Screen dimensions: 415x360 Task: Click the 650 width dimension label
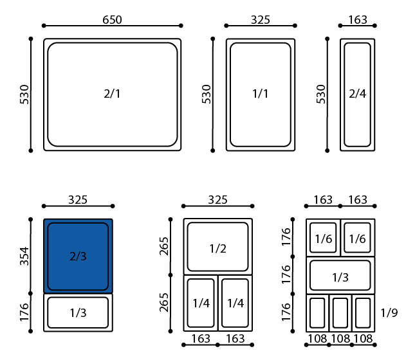[112, 20]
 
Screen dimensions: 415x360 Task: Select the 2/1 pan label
[112, 94]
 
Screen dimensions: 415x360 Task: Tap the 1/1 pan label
[261, 94]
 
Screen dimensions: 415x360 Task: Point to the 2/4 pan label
[357, 94]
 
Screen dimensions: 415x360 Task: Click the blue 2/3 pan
[78, 256]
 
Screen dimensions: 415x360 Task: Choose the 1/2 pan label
[218, 249]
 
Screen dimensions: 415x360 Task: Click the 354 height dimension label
[24, 256]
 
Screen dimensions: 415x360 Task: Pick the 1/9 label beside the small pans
[389, 313]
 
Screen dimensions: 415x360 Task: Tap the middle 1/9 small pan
[340, 313]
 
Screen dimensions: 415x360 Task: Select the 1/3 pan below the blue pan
[78, 312]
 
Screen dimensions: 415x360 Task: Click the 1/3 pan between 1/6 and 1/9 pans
[340, 275]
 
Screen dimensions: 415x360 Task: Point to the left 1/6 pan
[323, 237]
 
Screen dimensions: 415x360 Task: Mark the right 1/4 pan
[235, 303]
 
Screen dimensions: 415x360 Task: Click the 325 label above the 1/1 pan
[261, 20]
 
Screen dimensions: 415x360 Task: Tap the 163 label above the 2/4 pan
[358, 20]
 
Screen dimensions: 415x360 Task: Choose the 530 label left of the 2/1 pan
[24, 94]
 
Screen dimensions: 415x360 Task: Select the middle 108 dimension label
[340, 339]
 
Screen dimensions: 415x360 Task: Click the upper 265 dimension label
[164, 246]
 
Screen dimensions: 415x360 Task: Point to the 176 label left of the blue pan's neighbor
[24, 312]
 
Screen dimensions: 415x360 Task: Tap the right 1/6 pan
[358, 237]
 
